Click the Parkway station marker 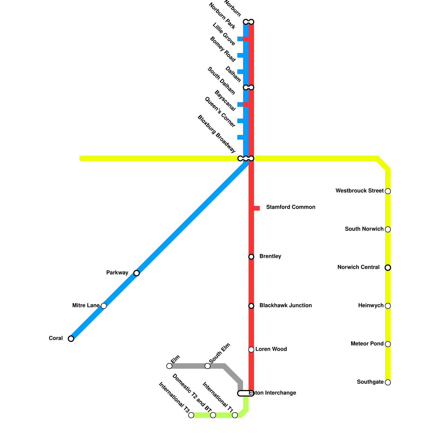(x=137, y=273)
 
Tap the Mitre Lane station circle (x=104, y=306)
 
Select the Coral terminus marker (x=71, y=339)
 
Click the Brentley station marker (x=251, y=257)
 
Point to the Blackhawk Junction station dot (x=251, y=306)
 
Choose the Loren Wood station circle (x=251, y=350)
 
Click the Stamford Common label (x=291, y=207)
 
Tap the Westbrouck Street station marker (x=388, y=191)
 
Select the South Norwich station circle (x=388, y=229)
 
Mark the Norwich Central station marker (x=388, y=268)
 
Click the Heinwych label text (x=371, y=305)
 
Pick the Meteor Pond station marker (x=388, y=344)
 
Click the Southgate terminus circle (x=388, y=382)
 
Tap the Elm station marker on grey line (x=169, y=366)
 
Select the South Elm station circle (x=208, y=366)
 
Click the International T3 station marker (x=191, y=415)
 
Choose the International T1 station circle (x=235, y=415)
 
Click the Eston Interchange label (x=273, y=393)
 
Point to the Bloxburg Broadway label (x=216, y=134)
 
